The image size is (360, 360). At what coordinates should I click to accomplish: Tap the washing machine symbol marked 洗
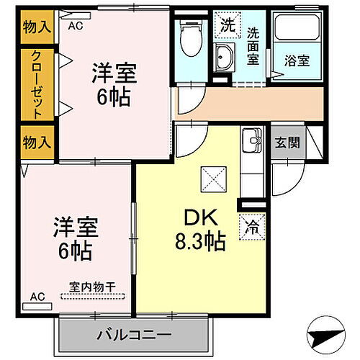[x=228, y=24]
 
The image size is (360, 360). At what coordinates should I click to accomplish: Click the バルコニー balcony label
[x=134, y=336]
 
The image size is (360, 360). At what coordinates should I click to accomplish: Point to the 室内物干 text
[x=92, y=287]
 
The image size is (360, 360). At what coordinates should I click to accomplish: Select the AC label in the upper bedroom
[x=74, y=25]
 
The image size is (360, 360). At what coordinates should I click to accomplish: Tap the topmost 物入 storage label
[x=37, y=28]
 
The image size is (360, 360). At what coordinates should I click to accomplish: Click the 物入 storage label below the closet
[x=37, y=142]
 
